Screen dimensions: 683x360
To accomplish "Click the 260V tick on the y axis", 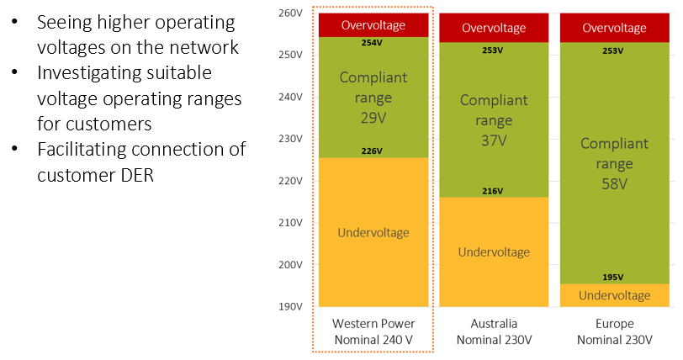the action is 290,13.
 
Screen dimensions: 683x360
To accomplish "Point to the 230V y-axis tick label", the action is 290,139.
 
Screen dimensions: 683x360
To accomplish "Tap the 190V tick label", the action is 290,306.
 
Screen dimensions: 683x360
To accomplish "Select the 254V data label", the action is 372,43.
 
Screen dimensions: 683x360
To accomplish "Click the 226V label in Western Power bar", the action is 372,151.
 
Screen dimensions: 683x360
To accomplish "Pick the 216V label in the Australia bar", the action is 493,191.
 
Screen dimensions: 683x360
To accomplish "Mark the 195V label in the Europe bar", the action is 613,278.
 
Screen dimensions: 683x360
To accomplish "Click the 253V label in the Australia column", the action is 493,50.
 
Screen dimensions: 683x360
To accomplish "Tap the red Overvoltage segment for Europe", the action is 615,28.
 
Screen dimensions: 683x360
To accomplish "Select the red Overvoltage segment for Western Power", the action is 373,25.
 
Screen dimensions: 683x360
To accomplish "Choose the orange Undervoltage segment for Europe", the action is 615,295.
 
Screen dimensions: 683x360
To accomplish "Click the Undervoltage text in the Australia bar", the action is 494,251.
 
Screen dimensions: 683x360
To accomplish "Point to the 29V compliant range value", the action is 373,118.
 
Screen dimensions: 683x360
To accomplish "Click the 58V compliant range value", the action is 615,184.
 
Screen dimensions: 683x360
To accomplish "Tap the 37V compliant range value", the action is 494,140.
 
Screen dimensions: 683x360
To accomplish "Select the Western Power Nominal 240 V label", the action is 373,331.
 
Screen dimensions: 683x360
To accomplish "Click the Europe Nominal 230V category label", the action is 615,331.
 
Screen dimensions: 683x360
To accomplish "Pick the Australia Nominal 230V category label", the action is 494,331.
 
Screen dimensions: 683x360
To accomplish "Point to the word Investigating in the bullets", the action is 124,73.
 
